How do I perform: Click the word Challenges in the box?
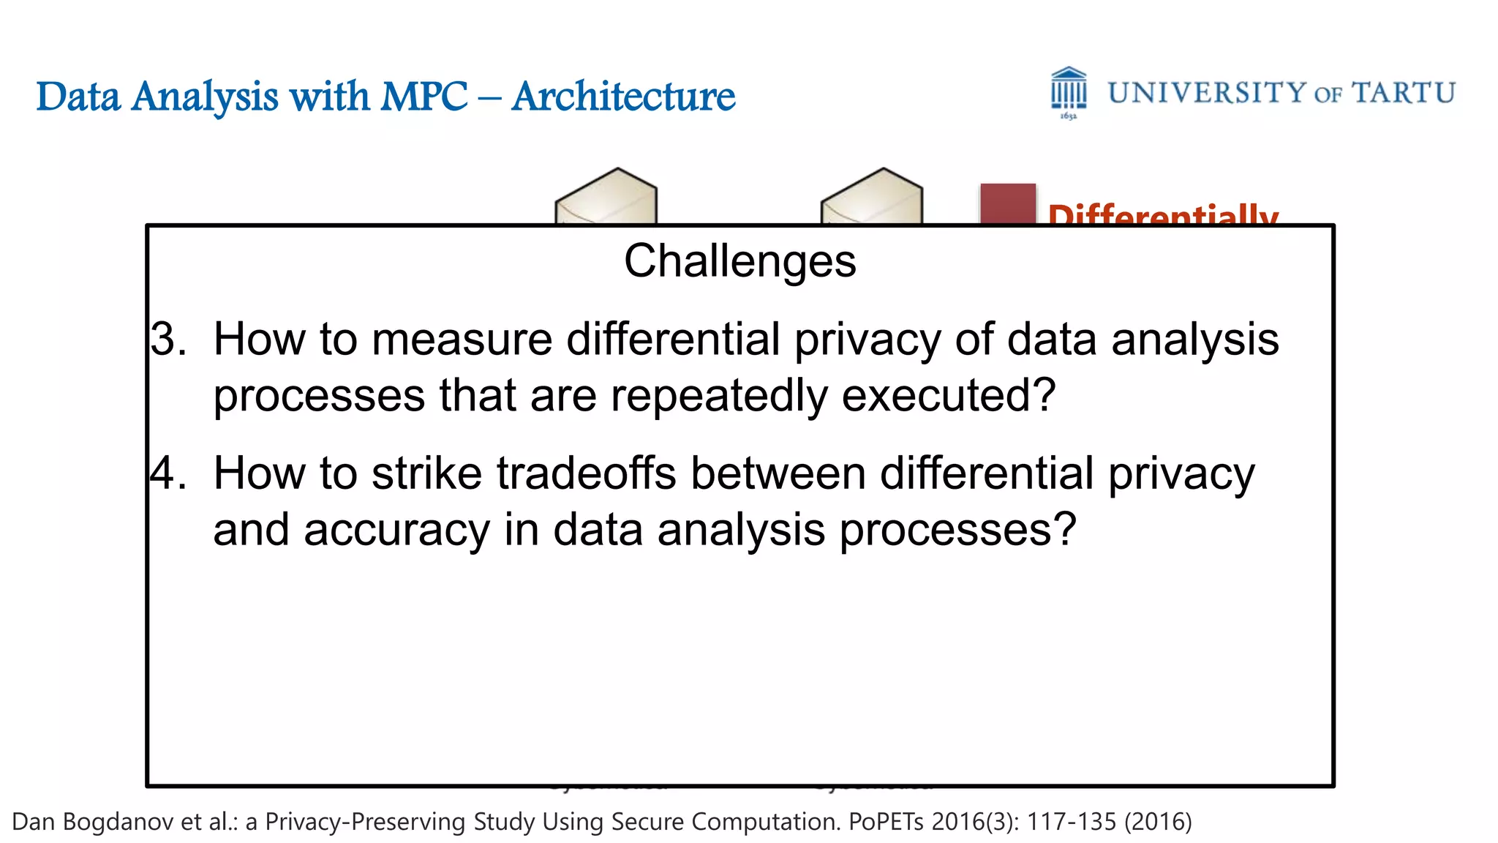click(x=739, y=261)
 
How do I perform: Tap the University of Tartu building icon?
click(x=1069, y=91)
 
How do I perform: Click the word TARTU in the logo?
click(x=1403, y=94)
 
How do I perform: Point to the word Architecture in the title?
click(x=623, y=97)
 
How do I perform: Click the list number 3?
click(x=168, y=340)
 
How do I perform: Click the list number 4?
click(x=168, y=473)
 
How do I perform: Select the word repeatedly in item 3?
click(x=719, y=396)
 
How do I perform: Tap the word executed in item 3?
click(x=949, y=396)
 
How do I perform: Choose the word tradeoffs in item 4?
click(x=586, y=473)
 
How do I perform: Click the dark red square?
click(x=1007, y=203)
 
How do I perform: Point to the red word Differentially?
click(x=1162, y=214)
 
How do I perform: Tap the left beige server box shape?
click(x=606, y=196)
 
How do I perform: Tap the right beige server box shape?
click(x=871, y=196)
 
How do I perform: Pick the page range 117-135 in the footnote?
click(x=1072, y=822)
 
